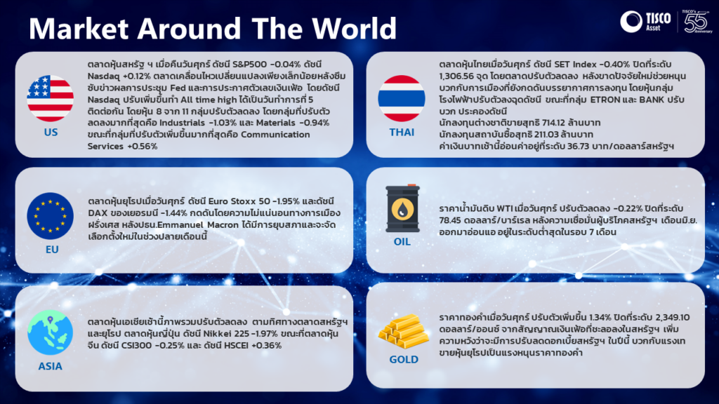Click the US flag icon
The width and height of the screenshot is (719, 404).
click(x=50, y=98)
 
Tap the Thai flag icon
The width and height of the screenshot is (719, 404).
click(x=401, y=98)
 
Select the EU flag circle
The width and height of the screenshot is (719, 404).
click(x=50, y=216)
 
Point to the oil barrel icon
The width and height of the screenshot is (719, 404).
click(x=402, y=208)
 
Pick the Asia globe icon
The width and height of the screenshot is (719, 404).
click(x=50, y=332)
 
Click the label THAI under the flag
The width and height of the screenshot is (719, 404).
click(x=402, y=133)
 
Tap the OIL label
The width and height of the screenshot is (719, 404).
click(x=402, y=241)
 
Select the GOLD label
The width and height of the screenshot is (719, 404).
click(x=404, y=360)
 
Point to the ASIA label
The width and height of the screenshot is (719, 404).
click(x=50, y=366)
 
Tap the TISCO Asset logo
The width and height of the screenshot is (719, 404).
click(x=645, y=22)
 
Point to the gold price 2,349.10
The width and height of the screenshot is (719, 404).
click(x=673, y=318)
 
